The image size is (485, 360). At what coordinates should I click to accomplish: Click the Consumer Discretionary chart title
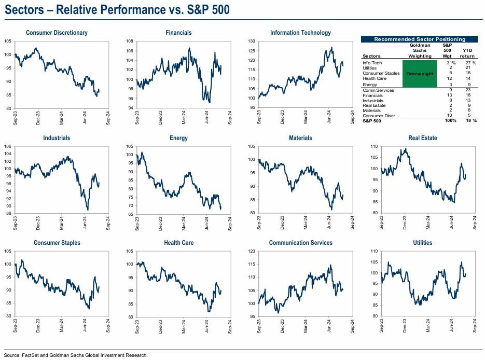tap(57, 33)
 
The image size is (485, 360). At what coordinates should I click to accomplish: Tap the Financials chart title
tap(178, 33)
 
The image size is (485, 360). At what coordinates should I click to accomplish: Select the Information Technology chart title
tap(300, 33)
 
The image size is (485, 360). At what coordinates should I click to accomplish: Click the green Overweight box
tap(420, 74)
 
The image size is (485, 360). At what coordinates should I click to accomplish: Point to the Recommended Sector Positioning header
tap(420, 39)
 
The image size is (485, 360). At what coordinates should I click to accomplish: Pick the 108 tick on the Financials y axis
tap(130, 41)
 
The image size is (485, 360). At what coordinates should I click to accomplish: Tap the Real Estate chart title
tap(423, 138)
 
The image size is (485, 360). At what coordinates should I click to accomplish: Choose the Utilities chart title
tap(423, 243)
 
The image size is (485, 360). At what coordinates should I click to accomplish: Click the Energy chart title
tap(178, 138)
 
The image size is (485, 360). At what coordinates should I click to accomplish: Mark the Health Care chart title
tap(178, 243)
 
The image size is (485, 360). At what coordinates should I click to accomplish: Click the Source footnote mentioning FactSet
tap(76, 355)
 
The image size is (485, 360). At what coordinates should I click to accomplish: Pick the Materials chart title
tap(300, 138)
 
